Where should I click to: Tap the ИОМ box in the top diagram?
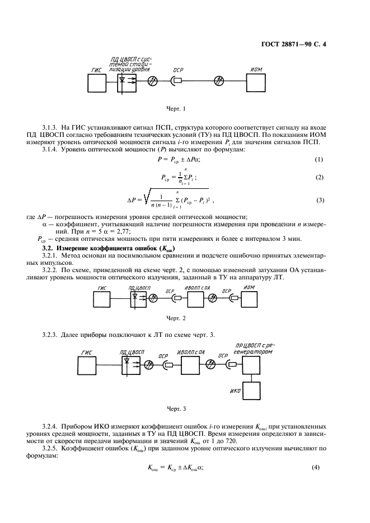[x=257, y=82]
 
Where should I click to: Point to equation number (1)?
[x=320, y=159]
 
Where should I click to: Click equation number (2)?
[x=320, y=178]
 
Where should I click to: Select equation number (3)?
[x=320, y=199]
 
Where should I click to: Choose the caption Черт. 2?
[x=177, y=318]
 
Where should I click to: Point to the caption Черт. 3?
[x=177, y=408]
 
